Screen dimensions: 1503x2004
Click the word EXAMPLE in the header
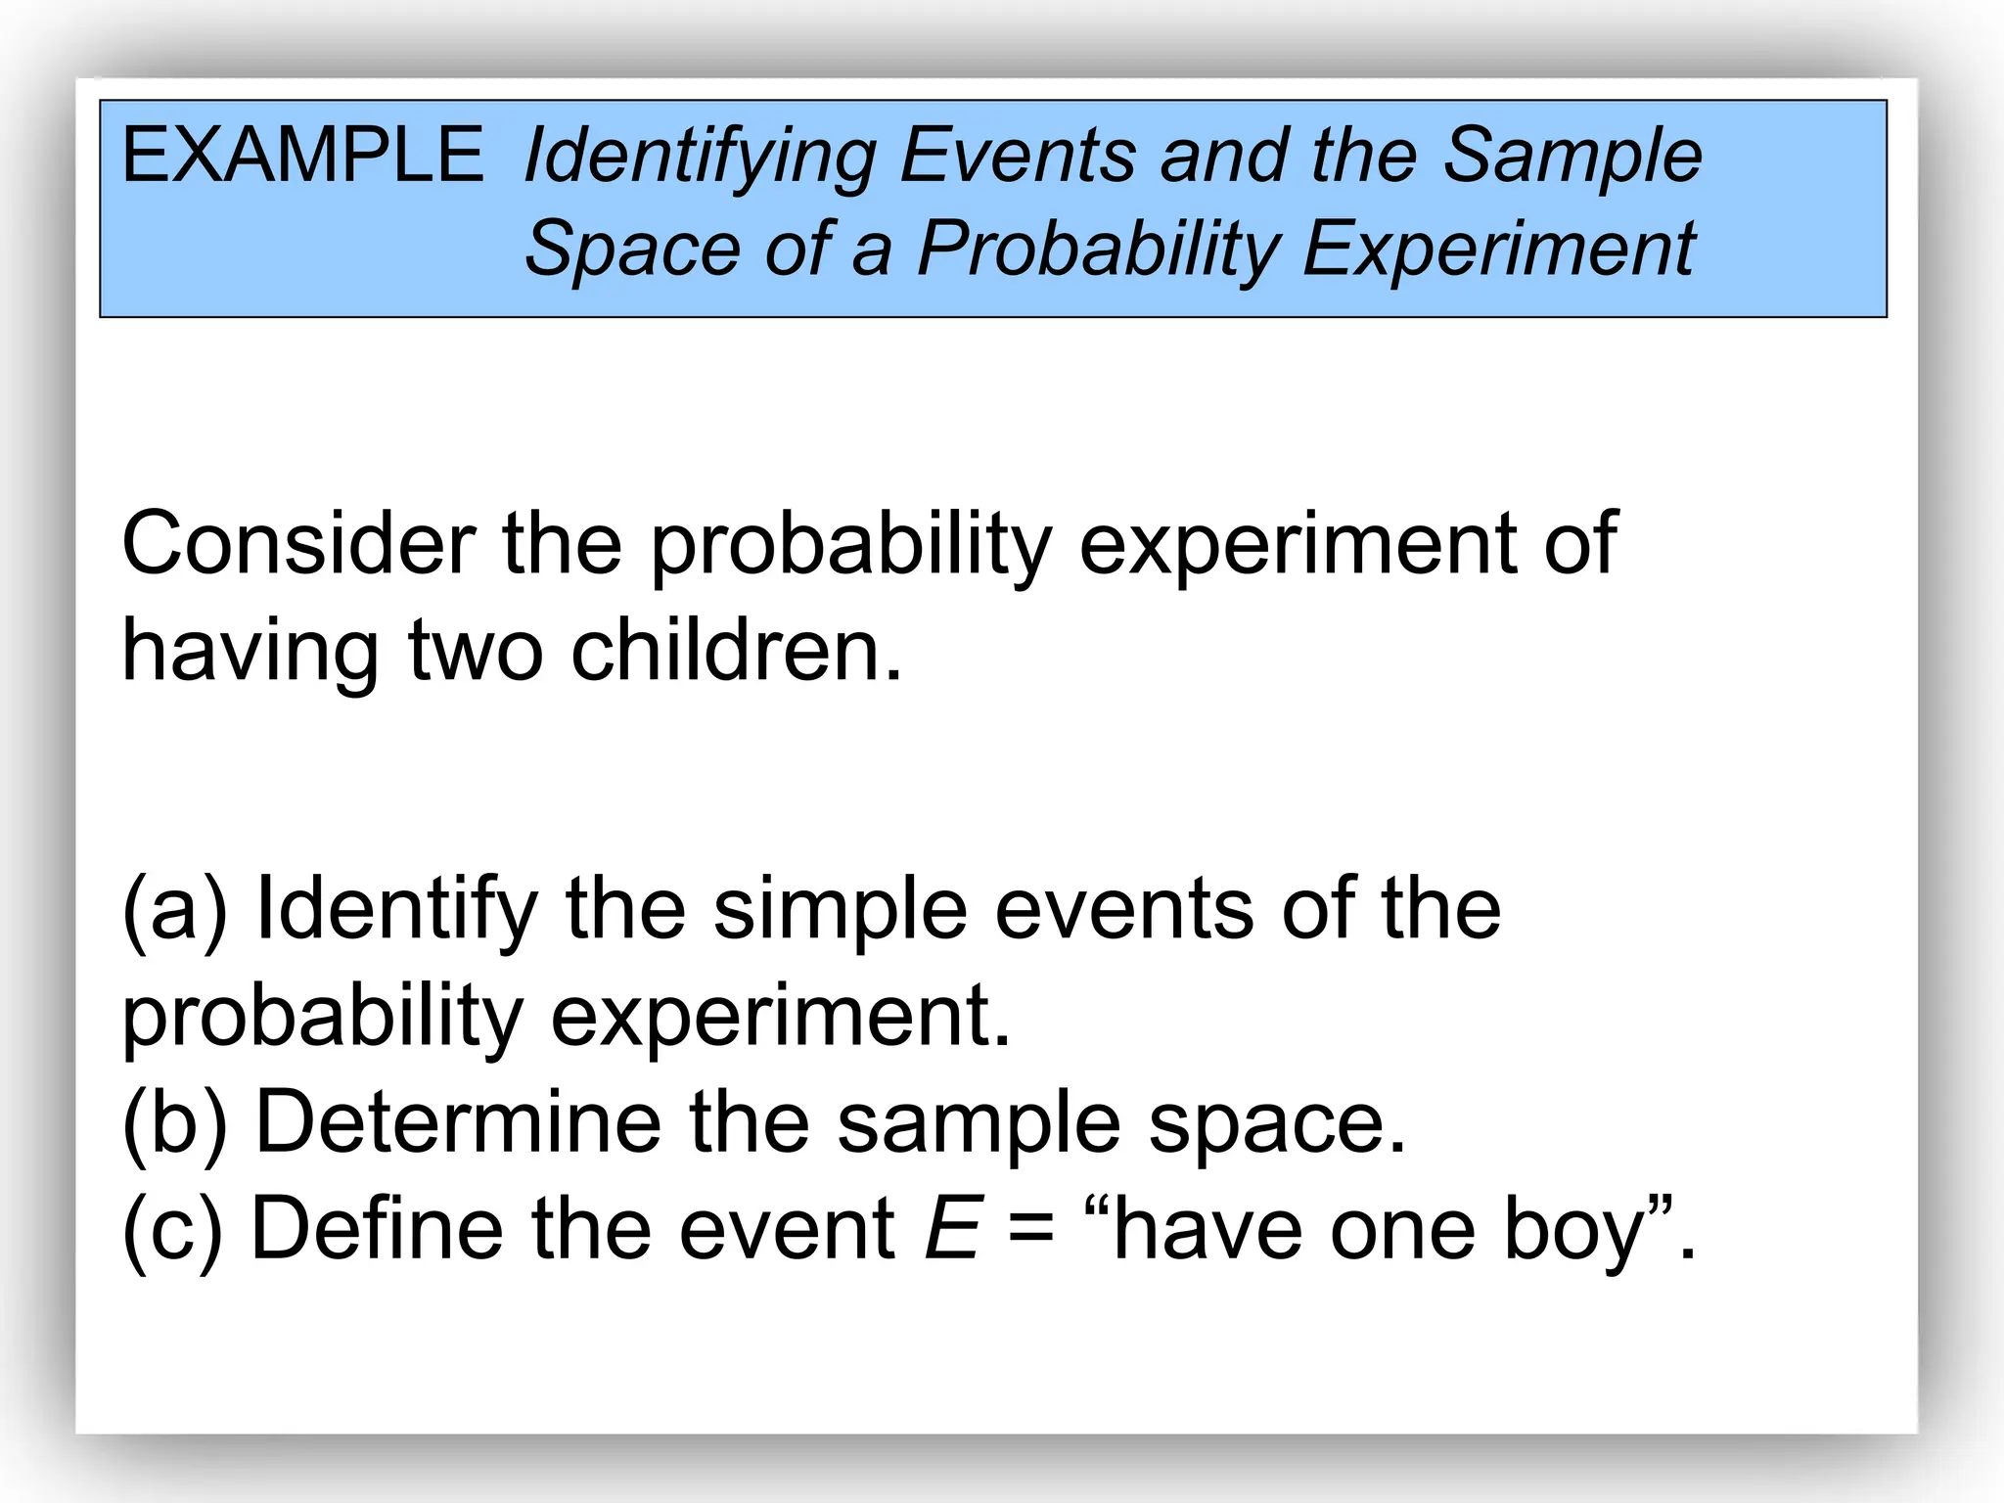301,157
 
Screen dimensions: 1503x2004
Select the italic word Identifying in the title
700,159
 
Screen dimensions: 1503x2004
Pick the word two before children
475,653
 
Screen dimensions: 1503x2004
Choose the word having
250,655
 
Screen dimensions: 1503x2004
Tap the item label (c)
172,1230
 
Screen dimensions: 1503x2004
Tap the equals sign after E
1031,1231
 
